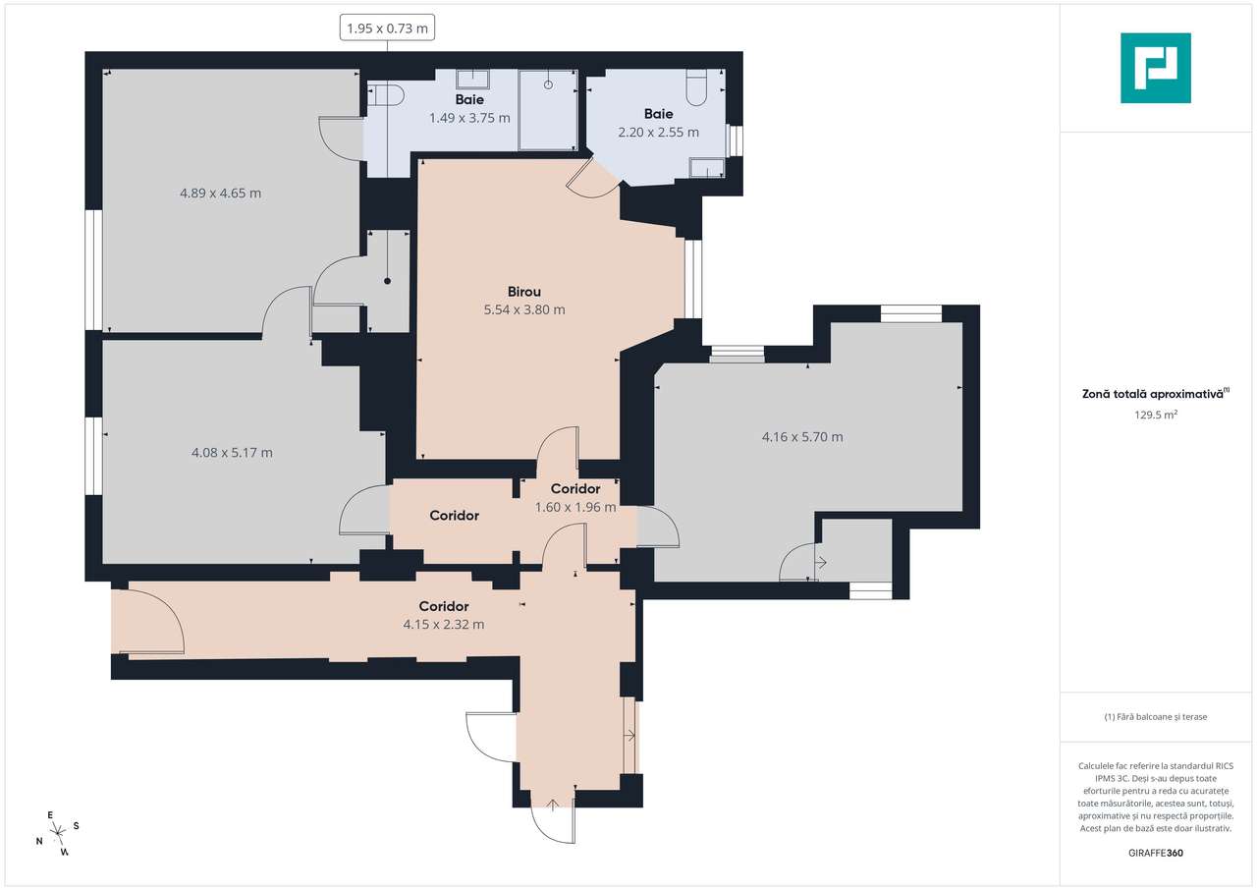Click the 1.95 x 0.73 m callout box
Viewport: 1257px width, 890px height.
[x=388, y=28]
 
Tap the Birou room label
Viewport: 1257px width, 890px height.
[x=524, y=292]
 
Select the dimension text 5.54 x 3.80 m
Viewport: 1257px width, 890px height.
[x=524, y=309]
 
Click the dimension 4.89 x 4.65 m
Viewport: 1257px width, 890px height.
[x=220, y=194]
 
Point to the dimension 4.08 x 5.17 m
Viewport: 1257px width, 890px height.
[x=232, y=453]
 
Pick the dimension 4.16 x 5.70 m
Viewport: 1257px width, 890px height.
[x=802, y=437]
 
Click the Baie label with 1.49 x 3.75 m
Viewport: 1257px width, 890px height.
[x=469, y=100]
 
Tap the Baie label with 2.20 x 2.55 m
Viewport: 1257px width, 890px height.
[x=658, y=114]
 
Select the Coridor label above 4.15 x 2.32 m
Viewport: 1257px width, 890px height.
[x=443, y=606]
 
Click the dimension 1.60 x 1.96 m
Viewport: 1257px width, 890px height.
[x=575, y=508]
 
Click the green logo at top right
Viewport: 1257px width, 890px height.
[x=1156, y=68]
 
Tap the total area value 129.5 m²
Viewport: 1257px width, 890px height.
[x=1156, y=415]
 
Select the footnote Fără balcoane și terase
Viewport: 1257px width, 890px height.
[x=1156, y=717]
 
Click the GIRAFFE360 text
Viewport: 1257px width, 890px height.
[x=1156, y=853]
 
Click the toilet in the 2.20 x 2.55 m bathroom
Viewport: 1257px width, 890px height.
[x=696, y=88]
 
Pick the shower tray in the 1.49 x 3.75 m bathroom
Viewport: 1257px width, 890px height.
[x=547, y=109]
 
